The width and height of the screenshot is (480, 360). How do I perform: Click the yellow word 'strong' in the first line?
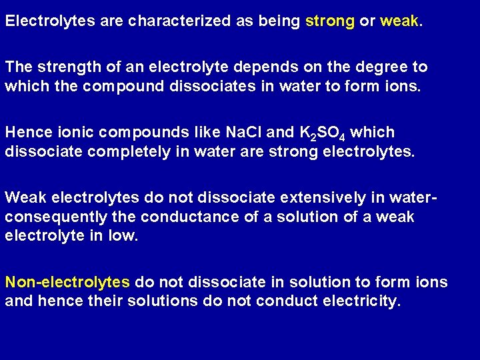point(330,21)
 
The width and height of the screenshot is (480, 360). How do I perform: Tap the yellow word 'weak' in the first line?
point(399,21)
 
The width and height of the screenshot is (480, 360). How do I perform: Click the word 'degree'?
point(380,67)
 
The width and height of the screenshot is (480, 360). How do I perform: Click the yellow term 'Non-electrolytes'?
point(67,282)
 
